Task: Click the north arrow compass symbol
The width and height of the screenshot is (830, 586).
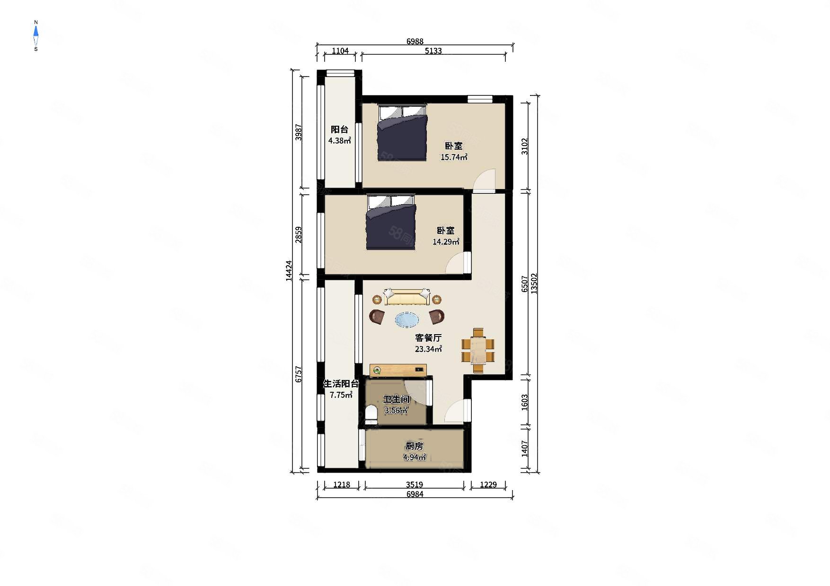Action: point(35,35)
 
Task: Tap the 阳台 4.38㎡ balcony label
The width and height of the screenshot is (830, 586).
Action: point(340,135)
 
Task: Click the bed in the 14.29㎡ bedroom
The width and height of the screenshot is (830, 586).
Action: point(391,222)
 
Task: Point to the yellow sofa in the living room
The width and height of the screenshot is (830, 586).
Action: point(407,297)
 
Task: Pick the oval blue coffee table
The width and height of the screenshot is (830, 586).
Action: point(407,320)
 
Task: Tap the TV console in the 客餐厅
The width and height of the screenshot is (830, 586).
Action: point(398,370)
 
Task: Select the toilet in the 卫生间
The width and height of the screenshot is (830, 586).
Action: point(371,414)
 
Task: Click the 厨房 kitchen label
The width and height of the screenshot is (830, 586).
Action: point(414,446)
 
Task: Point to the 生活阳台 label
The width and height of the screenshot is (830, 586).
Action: point(341,384)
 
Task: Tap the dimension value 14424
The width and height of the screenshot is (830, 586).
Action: point(289,271)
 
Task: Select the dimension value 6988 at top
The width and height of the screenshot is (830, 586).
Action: point(415,42)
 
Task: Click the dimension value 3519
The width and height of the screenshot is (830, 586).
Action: point(414,484)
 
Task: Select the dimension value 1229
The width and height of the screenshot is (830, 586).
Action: point(488,484)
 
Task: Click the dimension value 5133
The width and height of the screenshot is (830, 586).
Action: point(433,51)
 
